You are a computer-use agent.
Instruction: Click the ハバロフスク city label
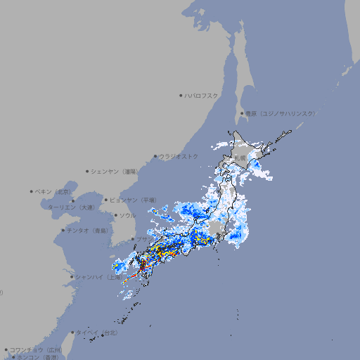[202, 95]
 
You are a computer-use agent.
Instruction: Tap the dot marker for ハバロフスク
[181, 95]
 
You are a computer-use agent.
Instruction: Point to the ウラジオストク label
[179, 156]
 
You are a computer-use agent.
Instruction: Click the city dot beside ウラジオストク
[155, 157]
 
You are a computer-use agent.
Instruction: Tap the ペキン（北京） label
[54, 191]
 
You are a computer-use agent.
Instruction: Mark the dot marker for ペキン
[32, 191]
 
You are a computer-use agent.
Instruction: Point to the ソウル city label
[127, 215]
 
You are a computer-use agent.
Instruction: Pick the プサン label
[141, 239]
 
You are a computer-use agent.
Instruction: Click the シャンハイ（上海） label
[97, 277]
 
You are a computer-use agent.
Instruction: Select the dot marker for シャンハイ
[72, 277]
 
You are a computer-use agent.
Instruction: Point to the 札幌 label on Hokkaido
[240, 158]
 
